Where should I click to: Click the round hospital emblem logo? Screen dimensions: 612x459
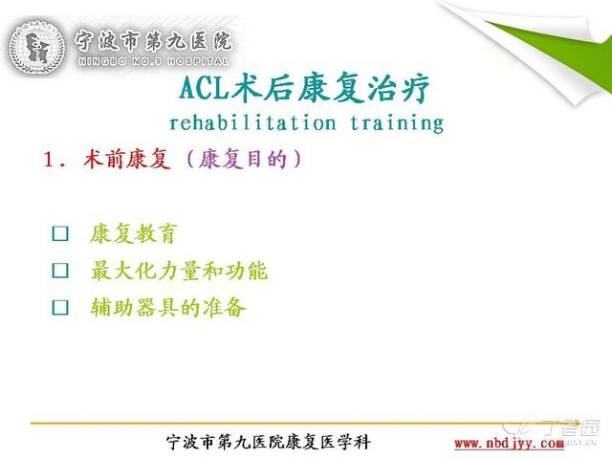point(36,47)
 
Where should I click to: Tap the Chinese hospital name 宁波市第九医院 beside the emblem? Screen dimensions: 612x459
point(153,40)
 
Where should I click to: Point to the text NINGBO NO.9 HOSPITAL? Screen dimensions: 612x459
point(153,61)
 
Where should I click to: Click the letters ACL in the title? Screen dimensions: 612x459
point(204,87)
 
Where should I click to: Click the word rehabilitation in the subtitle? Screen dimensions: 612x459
point(252,122)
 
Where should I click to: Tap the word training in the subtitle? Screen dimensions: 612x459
point(397,123)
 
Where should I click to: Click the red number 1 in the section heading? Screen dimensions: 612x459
point(49,160)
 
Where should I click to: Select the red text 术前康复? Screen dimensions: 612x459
point(127,159)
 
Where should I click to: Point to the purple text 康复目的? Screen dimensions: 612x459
point(243,159)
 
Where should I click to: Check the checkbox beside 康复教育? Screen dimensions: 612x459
point(60,233)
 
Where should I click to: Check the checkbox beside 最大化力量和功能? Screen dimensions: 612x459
point(60,270)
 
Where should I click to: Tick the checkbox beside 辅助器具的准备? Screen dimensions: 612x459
point(60,307)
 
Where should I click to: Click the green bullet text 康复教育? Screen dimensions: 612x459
point(134,233)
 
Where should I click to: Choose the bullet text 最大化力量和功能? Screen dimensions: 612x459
point(179,270)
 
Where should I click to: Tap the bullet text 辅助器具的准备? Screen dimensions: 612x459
point(168,307)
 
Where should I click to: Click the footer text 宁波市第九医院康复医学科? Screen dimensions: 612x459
point(269,442)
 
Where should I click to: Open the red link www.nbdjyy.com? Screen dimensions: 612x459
point(509,444)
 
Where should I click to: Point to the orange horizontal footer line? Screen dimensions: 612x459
point(304,423)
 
